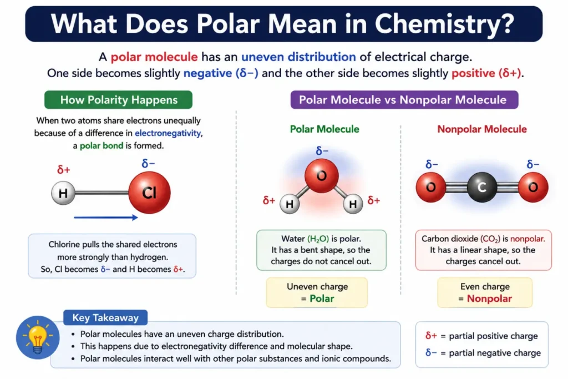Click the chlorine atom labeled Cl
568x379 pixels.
coord(149,193)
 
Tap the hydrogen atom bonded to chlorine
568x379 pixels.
coord(63,193)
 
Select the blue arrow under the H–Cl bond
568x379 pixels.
coord(106,218)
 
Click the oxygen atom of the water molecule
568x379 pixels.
coord(321,176)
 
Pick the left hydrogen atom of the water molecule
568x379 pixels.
coord(290,204)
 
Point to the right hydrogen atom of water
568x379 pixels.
coord(353,204)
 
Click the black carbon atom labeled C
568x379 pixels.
coord(482,187)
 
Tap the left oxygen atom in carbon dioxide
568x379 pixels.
coord(430,187)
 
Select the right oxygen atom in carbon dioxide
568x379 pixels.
coord(533,187)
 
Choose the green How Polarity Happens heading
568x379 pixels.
coord(119,100)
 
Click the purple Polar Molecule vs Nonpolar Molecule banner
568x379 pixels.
coord(404,100)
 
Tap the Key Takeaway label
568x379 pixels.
coord(105,318)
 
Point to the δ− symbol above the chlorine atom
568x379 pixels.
coord(148,163)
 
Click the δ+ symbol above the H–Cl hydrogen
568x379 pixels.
coord(64,169)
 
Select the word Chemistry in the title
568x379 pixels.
coord(444,24)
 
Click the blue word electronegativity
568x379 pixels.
coord(168,133)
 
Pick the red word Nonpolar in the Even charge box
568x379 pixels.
coord(489,299)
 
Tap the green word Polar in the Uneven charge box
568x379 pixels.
coord(322,299)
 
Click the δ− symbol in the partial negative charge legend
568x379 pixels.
coord(431,352)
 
